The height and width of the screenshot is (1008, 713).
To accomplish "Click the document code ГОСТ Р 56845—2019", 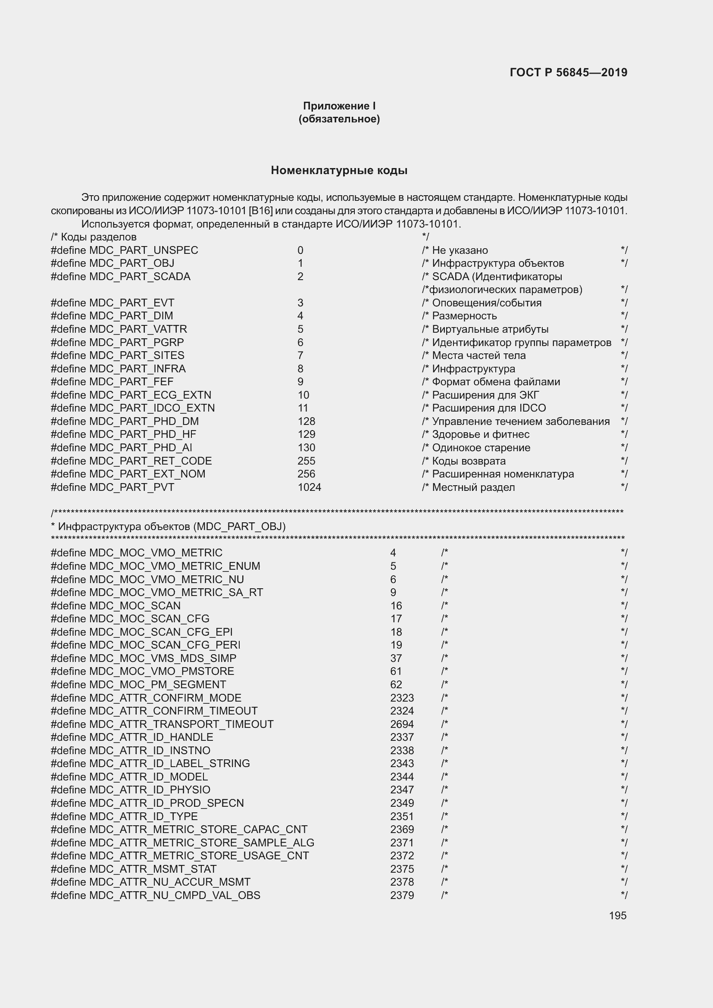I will [568, 72].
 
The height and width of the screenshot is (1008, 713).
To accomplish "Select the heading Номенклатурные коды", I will [339, 170].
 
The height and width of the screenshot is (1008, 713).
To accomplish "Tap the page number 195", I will [617, 915].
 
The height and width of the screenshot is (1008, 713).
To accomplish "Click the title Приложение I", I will [339, 106].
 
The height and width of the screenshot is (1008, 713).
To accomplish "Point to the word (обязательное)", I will [339, 119].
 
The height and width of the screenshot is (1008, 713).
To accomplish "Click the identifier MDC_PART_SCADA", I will [140, 277].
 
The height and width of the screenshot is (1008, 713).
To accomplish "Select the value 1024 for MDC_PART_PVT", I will [309, 487].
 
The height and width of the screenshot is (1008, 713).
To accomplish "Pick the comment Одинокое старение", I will [481, 448].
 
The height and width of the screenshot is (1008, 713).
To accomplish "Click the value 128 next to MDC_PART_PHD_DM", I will [306, 421].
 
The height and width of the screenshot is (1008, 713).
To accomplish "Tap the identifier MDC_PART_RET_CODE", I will [150, 461].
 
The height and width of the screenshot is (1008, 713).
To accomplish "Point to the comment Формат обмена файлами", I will [496, 382].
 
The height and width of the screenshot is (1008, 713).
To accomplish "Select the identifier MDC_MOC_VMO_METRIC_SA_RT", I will [175, 592].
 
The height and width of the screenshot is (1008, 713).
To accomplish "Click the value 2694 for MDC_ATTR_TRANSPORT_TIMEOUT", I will [402, 724].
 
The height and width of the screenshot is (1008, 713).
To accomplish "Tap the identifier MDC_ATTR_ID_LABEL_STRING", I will [169, 764].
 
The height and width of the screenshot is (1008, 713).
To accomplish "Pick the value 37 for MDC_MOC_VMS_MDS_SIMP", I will [396, 658].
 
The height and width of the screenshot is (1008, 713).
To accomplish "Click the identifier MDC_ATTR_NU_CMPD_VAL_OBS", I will [174, 895].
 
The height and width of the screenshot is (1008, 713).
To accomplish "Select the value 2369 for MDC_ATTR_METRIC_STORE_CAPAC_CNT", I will [402, 829].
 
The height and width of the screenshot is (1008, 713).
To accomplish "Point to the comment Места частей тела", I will [478, 356].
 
